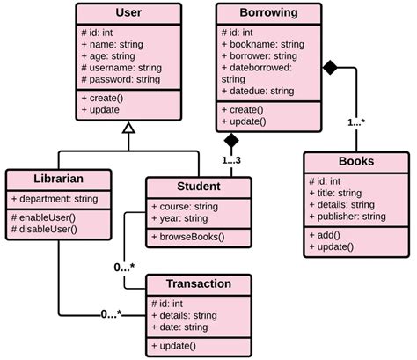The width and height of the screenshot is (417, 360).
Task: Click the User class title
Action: pos(128,13)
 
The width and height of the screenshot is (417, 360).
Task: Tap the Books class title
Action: pos(355,161)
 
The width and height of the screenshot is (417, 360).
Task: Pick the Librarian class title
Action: pos(59,179)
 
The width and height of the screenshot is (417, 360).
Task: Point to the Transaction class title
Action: pos(199,283)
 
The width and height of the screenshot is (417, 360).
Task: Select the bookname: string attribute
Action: pos(264,44)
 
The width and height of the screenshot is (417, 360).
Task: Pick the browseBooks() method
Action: pos(188,237)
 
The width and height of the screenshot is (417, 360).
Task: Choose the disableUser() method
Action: pos(47,230)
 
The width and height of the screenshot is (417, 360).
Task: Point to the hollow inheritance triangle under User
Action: pos(129,128)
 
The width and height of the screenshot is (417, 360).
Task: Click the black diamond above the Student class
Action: pos(231,140)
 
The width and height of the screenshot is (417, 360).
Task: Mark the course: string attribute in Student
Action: pos(182,206)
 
